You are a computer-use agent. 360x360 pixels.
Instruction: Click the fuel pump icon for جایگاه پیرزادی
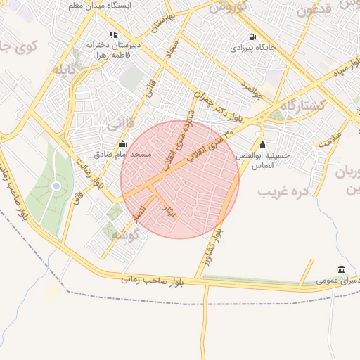(252, 37)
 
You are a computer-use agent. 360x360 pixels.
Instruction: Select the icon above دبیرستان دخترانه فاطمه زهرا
(113, 34)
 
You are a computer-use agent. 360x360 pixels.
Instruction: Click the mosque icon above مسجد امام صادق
(122, 143)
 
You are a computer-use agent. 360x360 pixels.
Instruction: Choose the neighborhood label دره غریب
(278, 191)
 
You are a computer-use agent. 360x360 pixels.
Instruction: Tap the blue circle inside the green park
(56, 186)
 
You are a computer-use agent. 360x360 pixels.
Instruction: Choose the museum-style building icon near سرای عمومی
(341, 269)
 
